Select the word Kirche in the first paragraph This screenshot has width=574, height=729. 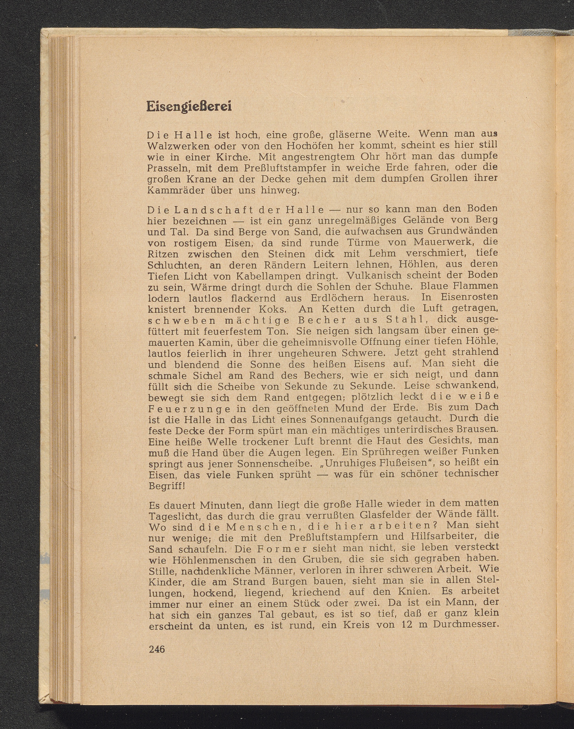[x=231, y=157]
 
